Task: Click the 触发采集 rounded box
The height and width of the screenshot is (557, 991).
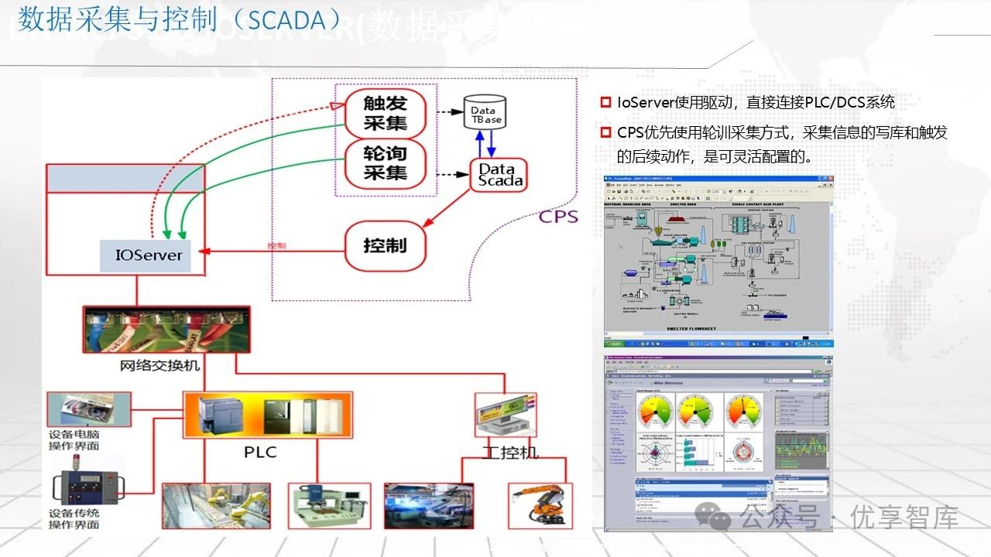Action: pyautogui.click(x=386, y=112)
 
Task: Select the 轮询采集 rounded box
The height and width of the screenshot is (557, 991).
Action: pyautogui.click(x=386, y=162)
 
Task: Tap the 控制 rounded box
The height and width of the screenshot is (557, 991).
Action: pyautogui.click(x=385, y=246)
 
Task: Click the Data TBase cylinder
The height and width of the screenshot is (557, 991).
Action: pyautogui.click(x=485, y=112)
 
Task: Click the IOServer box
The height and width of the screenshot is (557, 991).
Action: pyautogui.click(x=149, y=255)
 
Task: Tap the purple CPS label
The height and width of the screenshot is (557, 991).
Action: pyautogui.click(x=558, y=216)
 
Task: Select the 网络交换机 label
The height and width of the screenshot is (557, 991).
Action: pyautogui.click(x=160, y=364)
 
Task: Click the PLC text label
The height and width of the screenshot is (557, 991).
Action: pyautogui.click(x=260, y=451)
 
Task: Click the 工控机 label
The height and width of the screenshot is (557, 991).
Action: pyautogui.click(x=510, y=452)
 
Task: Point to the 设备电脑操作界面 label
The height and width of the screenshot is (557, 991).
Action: pyautogui.click(x=74, y=439)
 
